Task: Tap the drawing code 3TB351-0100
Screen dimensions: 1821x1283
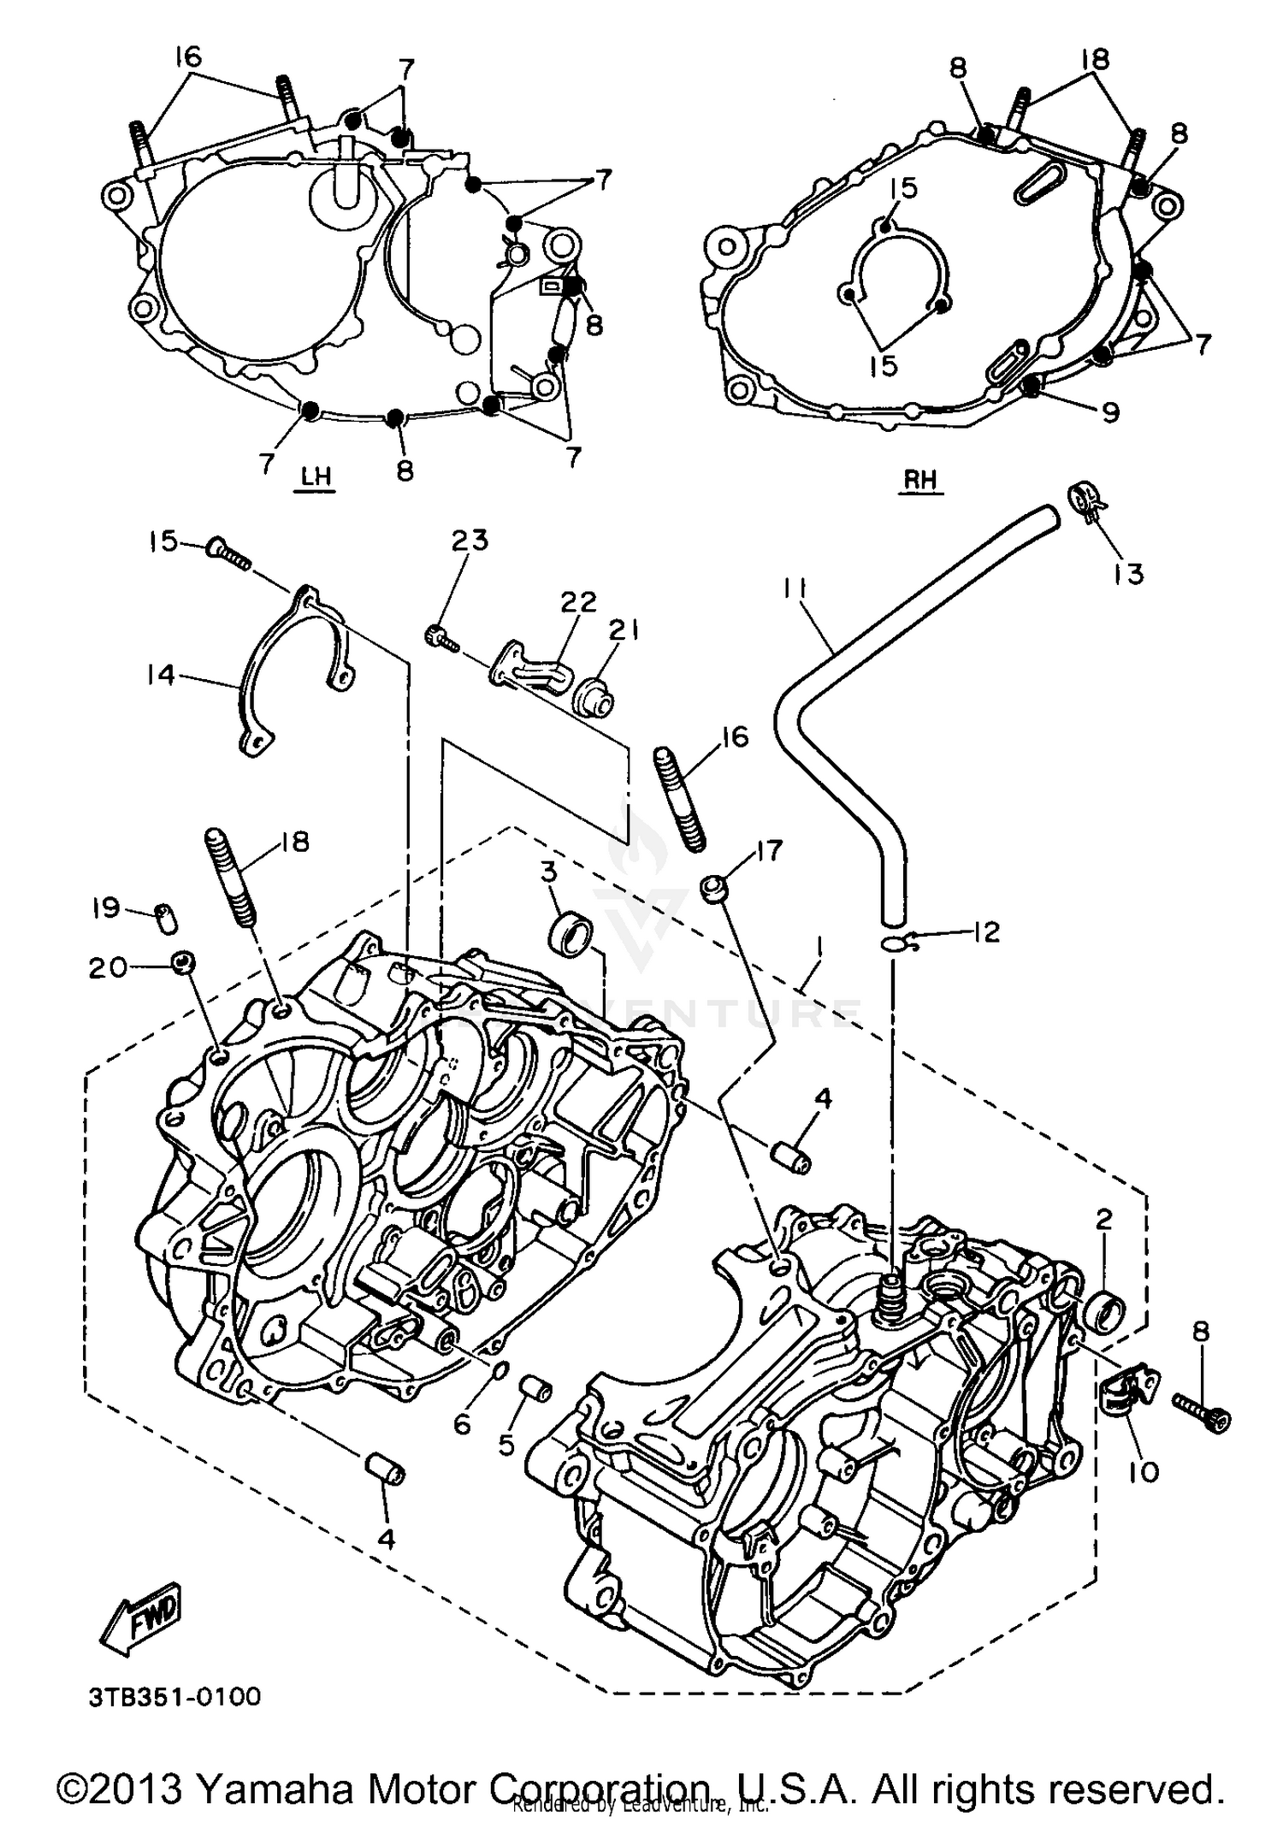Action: point(174,1696)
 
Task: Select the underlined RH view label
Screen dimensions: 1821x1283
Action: point(921,480)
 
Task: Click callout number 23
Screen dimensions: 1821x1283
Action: point(470,541)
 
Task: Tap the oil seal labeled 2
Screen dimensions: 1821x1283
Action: point(1104,1312)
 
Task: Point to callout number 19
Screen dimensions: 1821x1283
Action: point(106,908)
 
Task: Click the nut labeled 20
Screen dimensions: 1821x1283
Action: point(181,962)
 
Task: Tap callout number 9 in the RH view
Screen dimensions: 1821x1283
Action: point(1109,413)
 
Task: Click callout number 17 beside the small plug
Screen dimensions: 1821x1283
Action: point(769,852)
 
